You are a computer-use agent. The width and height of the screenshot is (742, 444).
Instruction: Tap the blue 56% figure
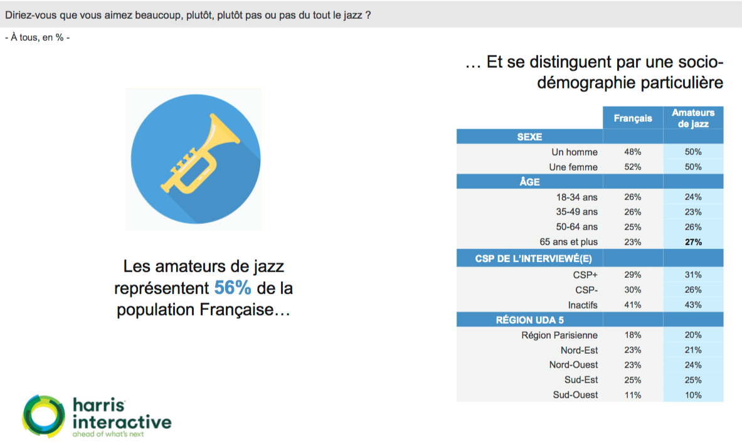(x=232, y=288)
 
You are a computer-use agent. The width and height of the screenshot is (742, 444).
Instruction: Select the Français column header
(x=633, y=119)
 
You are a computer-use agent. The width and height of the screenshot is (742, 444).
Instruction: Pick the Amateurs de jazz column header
(x=693, y=119)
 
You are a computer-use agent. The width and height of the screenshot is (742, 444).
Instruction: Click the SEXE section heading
(x=529, y=137)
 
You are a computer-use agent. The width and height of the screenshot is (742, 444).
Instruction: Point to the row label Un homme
(x=575, y=152)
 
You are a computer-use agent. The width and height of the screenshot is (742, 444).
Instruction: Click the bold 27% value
(x=693, y=242)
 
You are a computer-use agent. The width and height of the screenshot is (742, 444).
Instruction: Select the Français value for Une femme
(x=633, y=167)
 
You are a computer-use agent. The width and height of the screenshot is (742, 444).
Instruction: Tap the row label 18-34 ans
(x=577, y=197)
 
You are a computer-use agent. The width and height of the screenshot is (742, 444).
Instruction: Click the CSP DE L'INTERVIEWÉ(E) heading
(x=533, y=259)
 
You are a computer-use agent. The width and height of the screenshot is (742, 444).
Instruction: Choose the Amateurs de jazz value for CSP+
(x=693, y=275)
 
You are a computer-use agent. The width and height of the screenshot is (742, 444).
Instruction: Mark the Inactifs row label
(x=583, y=305)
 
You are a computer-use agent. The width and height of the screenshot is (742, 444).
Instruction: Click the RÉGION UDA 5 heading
(x=530, y=320)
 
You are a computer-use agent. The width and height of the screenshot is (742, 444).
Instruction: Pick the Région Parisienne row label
(x=560, y=335)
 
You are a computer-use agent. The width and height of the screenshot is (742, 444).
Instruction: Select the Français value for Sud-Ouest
(x=633, y=395)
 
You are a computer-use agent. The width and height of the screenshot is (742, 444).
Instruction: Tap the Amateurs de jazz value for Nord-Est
(x=693, y=350)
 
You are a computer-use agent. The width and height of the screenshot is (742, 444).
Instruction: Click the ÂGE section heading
(x=529, y=182)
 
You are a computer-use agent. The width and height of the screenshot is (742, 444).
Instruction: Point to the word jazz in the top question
(x=353, y=15)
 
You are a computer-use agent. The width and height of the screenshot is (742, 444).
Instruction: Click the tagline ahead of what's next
(x=108, y=434)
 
